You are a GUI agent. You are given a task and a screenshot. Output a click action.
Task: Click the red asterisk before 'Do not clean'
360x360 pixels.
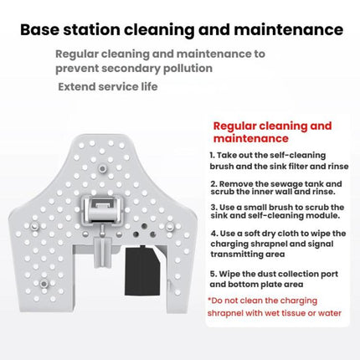[208, 300]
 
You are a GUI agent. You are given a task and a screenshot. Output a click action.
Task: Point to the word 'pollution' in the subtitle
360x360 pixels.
[187, 68]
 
